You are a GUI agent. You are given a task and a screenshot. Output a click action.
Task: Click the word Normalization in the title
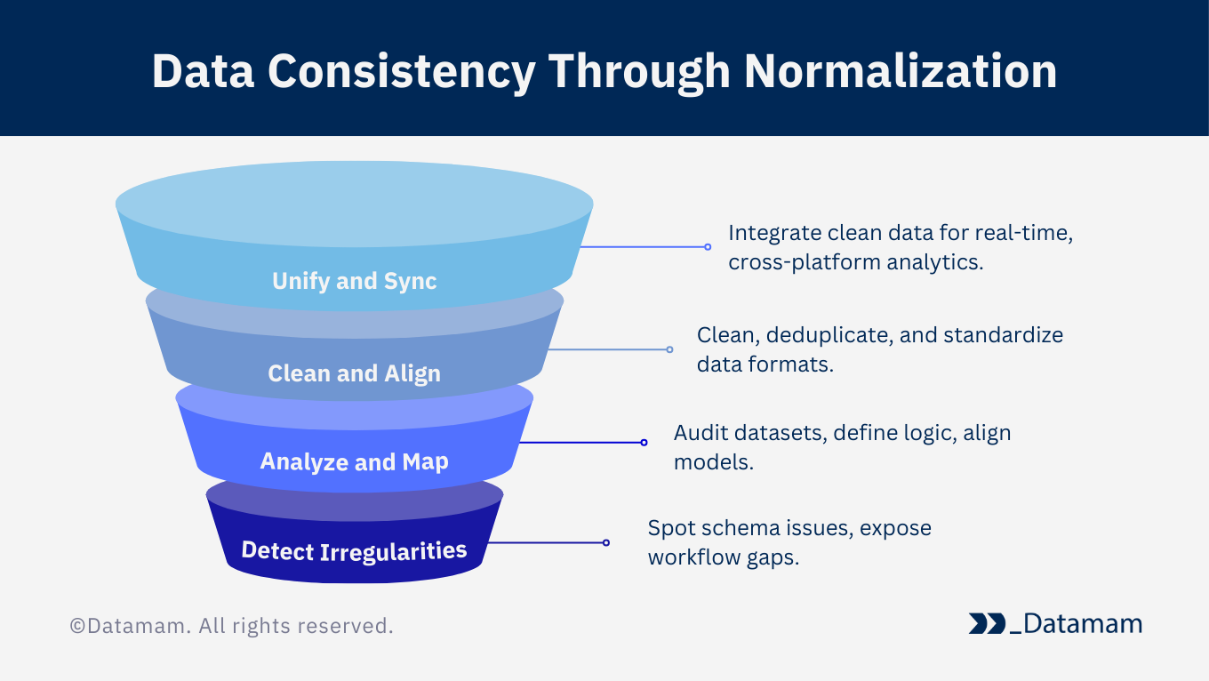901,71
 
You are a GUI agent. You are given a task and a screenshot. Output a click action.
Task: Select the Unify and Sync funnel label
355,281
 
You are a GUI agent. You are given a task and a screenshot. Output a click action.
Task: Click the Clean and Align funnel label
355,373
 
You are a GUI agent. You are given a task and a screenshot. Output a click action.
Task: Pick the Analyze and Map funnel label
355,462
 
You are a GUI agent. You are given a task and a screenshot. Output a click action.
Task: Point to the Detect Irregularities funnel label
354,551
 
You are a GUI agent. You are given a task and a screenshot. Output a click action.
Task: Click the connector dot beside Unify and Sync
708,247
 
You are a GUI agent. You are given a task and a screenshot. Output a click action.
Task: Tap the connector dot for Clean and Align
669,349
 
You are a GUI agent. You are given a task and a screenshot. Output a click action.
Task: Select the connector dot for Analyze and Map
644,443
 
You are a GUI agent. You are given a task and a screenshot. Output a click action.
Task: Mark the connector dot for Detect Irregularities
606,543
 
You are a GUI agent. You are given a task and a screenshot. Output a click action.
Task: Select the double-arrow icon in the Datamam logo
987,623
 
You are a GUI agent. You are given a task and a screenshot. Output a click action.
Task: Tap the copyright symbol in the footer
77,626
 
